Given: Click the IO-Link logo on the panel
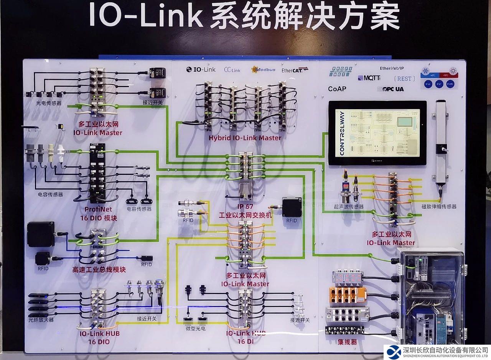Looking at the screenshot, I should click(201, 69).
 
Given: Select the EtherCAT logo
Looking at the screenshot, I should click(295, 70).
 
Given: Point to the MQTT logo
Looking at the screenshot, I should click(369, 78).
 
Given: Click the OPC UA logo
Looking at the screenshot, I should click(390, 89).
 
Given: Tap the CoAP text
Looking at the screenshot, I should click(337, 89).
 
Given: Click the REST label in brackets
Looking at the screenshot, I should click(404, 79).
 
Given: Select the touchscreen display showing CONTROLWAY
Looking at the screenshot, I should click(377, 133).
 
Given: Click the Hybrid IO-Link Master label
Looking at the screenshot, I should click(245, 138).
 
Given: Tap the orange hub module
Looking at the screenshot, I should click(348, 295).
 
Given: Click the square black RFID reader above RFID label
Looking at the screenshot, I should click(292, 207).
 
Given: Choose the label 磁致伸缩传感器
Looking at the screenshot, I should click(438, 206).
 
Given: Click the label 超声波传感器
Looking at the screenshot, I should click(348, 207).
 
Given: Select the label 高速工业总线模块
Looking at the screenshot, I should click(99, 270).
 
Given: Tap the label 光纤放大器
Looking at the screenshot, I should click(41, 319).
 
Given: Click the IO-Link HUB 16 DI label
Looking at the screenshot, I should click(245, 337).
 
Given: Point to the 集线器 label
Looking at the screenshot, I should click(347, 342).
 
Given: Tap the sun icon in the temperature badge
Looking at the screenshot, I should click(453, 71).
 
